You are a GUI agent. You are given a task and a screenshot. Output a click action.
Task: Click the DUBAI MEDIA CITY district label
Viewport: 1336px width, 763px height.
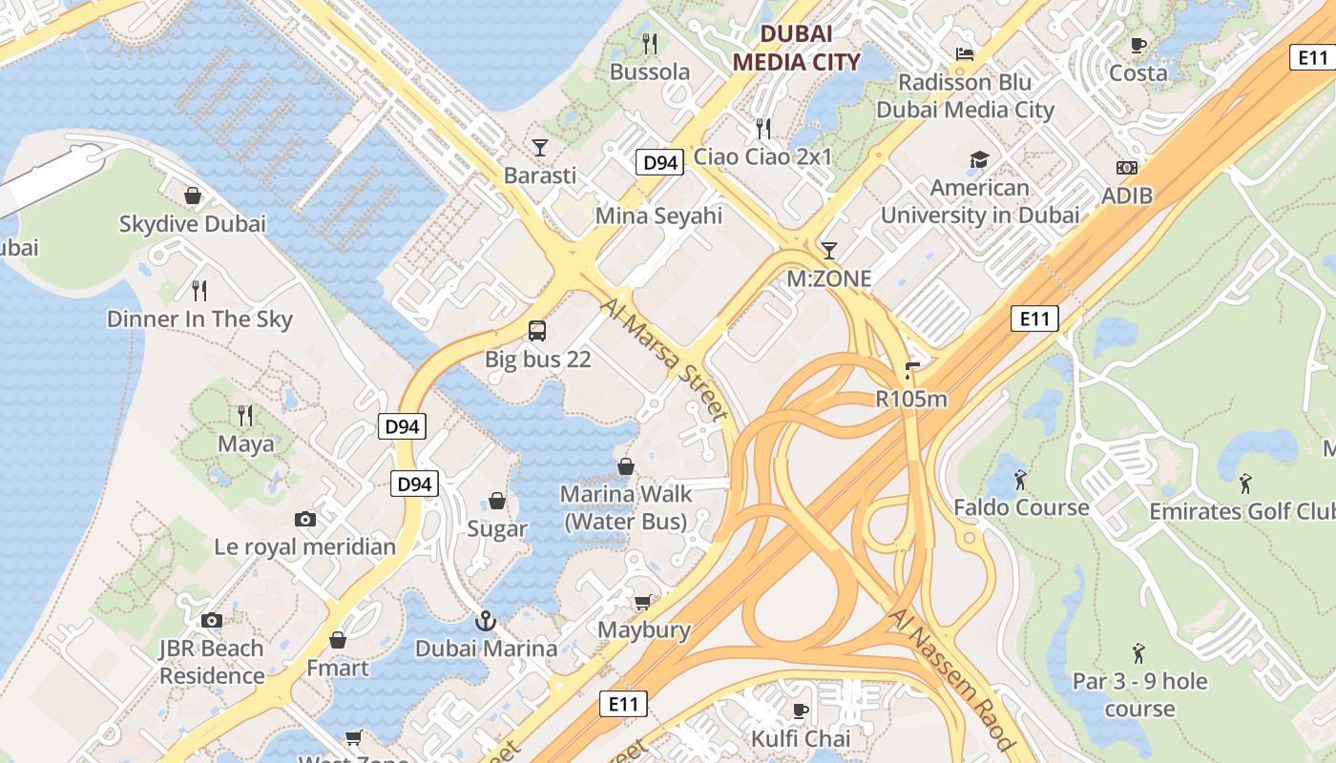pos(796,48)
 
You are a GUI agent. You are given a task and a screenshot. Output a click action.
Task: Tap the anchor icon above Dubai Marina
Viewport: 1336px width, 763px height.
pos(486,621)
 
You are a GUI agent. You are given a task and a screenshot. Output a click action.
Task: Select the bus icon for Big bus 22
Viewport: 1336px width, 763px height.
pos(537,331)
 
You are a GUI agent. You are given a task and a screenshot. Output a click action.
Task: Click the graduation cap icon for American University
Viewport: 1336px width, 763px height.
pos(979,159)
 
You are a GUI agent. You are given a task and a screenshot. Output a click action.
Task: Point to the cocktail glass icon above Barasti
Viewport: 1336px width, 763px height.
pos(540,147)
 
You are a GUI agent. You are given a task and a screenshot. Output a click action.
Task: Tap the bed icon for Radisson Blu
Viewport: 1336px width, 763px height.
pos(965,54)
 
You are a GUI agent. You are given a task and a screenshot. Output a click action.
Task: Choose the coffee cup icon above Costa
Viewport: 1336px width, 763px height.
pos(1138,45)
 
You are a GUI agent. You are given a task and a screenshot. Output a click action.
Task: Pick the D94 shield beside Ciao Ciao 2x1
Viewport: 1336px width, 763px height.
pos(659,162)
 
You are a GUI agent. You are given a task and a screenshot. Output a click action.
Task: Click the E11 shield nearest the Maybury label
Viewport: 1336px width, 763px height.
pos(624,704)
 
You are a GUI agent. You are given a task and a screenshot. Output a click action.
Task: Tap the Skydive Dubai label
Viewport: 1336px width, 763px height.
pos(192,224)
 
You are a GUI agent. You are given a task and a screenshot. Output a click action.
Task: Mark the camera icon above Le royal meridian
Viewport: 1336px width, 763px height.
pos(305,519)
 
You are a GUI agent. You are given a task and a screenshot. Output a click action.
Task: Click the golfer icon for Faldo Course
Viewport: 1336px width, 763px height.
pos(1020,479)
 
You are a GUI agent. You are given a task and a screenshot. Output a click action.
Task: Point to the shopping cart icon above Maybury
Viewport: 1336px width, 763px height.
pos(643,602)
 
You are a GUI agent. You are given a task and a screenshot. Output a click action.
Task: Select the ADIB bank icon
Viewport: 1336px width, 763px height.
pos(1127,168)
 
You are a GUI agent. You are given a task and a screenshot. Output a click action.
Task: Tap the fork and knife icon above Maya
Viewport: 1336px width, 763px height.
pos(245,415)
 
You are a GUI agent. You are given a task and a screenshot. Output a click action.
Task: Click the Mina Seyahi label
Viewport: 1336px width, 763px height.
pos(658,216)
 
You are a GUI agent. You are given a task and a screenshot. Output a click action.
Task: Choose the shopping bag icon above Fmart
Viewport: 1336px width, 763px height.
pos(337,639)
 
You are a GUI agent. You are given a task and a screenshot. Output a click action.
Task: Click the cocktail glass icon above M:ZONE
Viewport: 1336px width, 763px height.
pos(828,250)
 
